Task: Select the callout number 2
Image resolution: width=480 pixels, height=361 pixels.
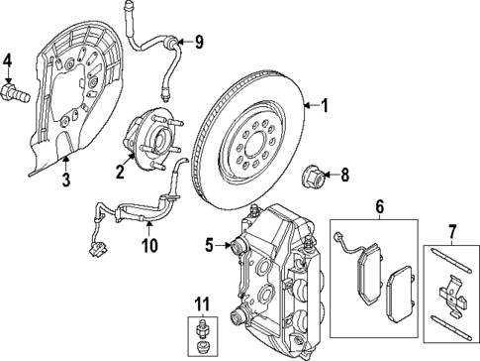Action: click(x=120, y=173)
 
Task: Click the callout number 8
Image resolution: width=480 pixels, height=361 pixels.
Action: click(x=344, y=179)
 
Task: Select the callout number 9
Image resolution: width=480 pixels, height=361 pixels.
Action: click(x=198, y=42)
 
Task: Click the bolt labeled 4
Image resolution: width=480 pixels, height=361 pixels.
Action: click(x=17, y=96)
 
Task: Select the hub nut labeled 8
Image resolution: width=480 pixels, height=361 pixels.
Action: click(x=312, y=180)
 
